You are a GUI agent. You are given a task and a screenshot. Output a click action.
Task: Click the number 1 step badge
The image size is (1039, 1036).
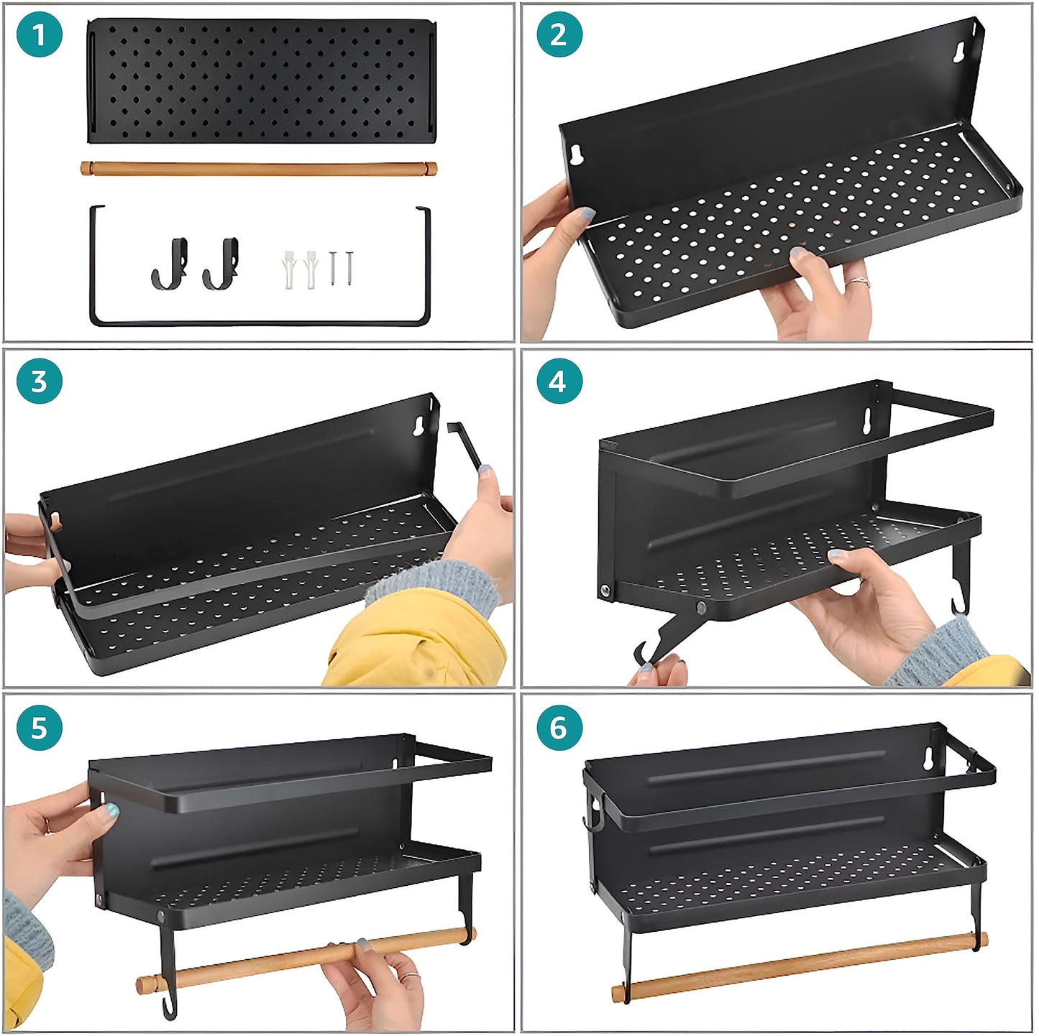40,35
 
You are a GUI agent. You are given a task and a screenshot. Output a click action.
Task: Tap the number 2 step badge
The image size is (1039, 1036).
559,35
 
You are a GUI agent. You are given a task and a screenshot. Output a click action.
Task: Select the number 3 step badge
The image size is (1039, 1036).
40,381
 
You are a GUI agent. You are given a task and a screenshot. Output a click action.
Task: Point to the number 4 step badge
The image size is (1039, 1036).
559,381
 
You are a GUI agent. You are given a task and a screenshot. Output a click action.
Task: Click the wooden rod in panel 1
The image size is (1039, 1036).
259,168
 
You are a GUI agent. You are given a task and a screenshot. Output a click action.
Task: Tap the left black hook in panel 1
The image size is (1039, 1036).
170,264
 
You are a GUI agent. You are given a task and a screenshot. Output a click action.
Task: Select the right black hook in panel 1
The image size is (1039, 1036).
221,263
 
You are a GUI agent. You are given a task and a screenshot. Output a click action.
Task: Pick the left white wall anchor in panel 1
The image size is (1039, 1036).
288,269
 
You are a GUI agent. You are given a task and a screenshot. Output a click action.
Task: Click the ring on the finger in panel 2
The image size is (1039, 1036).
857,282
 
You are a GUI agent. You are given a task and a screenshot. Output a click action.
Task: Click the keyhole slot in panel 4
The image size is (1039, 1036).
866,418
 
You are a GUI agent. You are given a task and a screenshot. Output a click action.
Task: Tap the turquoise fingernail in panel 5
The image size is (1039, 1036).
111,810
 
